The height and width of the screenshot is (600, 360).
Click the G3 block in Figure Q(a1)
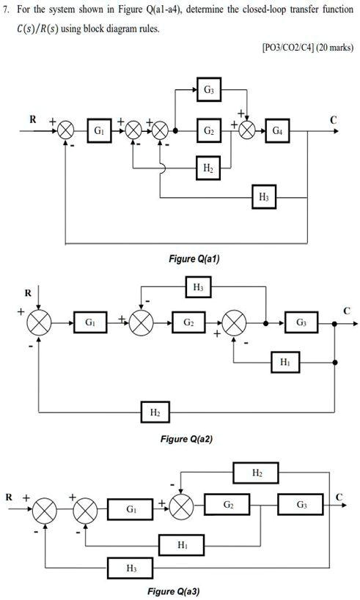[x=209, y=90]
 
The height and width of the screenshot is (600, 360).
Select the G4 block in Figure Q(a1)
[x=276, y=131]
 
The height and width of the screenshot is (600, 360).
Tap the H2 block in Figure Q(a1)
[x=208, y=168]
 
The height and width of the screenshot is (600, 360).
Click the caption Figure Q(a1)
[x=194, y=259]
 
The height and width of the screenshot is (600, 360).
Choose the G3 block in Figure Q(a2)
[x=302, y=322]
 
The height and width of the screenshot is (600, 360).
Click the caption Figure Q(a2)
[x=186, y=439]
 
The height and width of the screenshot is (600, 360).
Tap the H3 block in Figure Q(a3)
[x=130, y=567]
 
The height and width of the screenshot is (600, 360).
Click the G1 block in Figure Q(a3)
[x=130, y=507]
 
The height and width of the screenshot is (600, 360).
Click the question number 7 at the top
[x=7, y=13]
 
